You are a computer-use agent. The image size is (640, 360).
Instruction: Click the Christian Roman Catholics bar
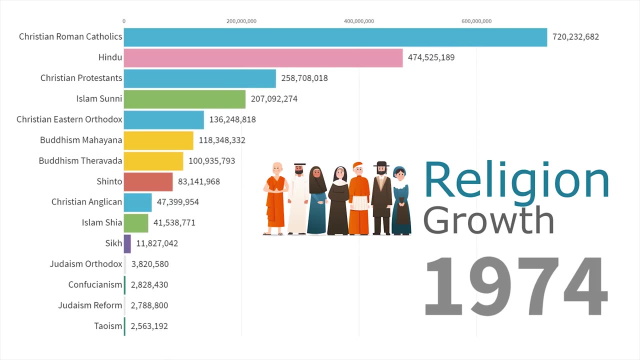tap(335, 37)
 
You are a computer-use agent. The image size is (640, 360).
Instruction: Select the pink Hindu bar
tap(263, 57)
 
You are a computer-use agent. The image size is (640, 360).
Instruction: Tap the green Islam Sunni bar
tap(184, 99)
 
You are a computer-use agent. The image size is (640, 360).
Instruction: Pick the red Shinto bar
tap(148, 181)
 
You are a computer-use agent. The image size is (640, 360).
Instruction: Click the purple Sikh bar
tap(127, 243)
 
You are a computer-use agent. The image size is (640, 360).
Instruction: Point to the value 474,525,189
tap(431, 57)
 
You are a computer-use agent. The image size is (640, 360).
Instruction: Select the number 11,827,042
tap(157, 243)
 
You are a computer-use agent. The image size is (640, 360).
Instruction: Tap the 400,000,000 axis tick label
tap(358, 21)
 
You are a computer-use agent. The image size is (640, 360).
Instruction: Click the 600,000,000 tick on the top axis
tap(476, 21)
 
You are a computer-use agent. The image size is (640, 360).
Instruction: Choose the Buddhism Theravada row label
tap(80, 160)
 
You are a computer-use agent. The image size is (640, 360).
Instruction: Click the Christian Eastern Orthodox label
tap(69, 119)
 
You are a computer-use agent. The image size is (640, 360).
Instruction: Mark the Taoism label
tap(108, 326)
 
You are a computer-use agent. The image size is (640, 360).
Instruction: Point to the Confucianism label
tap(95, 284)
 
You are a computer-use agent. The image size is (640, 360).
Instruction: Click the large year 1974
tap(515, 286)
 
